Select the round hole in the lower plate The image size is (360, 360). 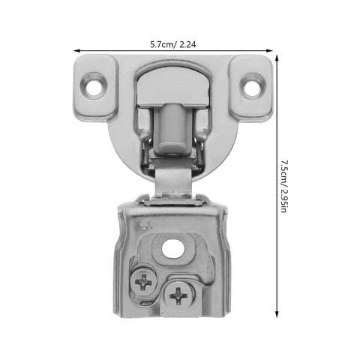[173, 249]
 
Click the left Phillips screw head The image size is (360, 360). [142, 283]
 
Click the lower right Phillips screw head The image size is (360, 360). [179, 295]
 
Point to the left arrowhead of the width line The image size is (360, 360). [74, 51]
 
